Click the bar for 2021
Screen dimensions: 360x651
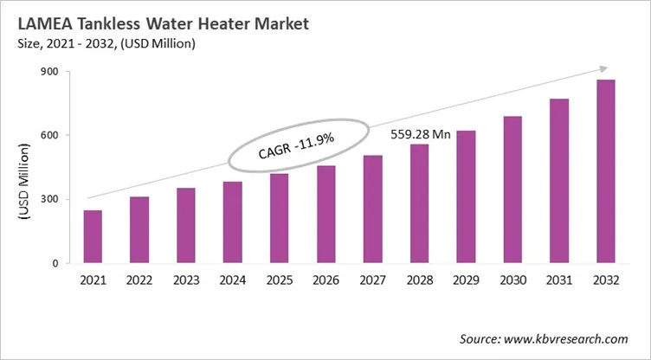93,236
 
